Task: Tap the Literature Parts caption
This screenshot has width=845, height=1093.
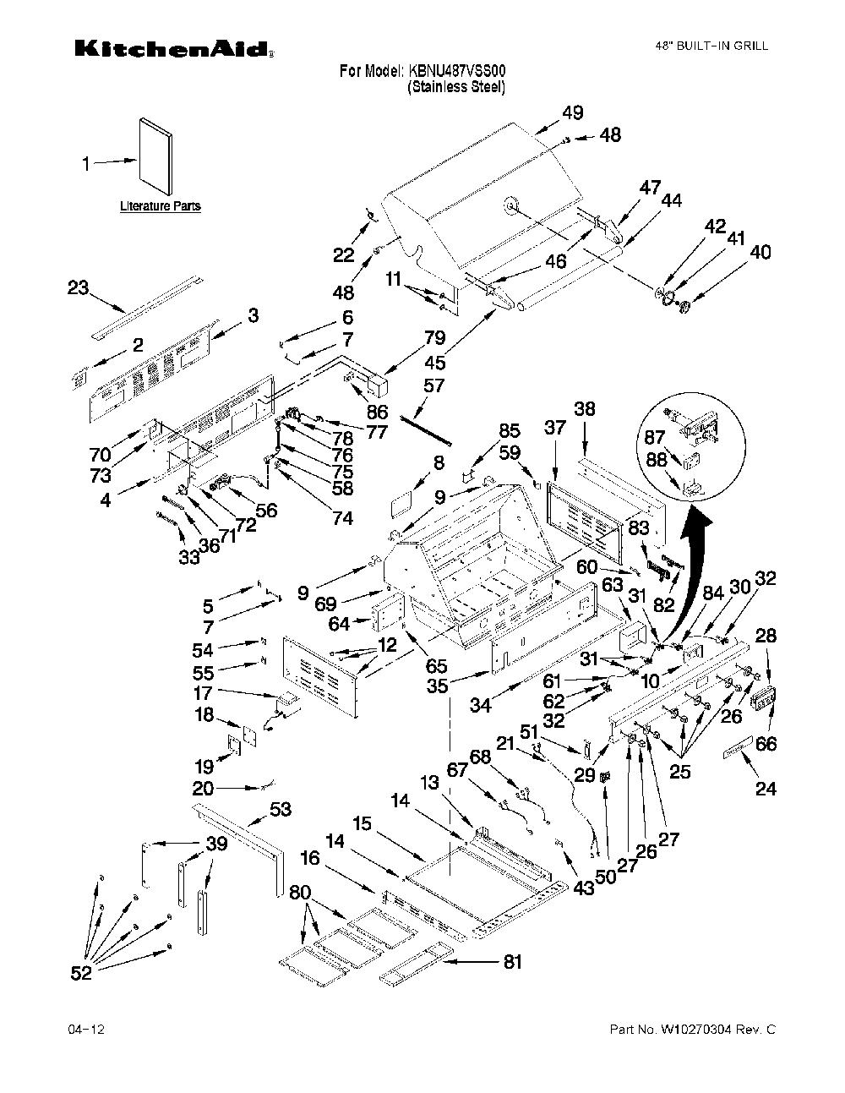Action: point(161,205)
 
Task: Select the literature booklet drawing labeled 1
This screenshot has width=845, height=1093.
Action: point(155,156)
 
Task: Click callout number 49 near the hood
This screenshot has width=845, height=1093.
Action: point(573,112)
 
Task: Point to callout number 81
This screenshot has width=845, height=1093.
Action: point(512,962)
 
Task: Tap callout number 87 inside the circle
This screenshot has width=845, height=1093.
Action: point(655,437)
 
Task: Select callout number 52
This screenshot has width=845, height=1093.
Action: point(81,973)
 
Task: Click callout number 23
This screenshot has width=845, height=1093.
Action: point(78,287)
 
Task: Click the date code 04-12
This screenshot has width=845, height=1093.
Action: point(86,1029)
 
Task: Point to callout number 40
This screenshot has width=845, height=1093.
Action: point(760,252)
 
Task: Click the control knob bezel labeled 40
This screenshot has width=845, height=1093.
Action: point(684,306)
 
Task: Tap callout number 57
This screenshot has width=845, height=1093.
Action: point(433,385)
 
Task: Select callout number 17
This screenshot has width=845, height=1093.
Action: point(203,692)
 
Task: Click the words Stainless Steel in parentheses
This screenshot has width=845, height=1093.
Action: point(456,86)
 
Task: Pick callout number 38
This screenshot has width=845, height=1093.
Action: point(585,409)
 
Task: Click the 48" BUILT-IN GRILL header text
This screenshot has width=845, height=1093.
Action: point(711,46)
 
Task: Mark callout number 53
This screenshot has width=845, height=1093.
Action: point(280,809)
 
